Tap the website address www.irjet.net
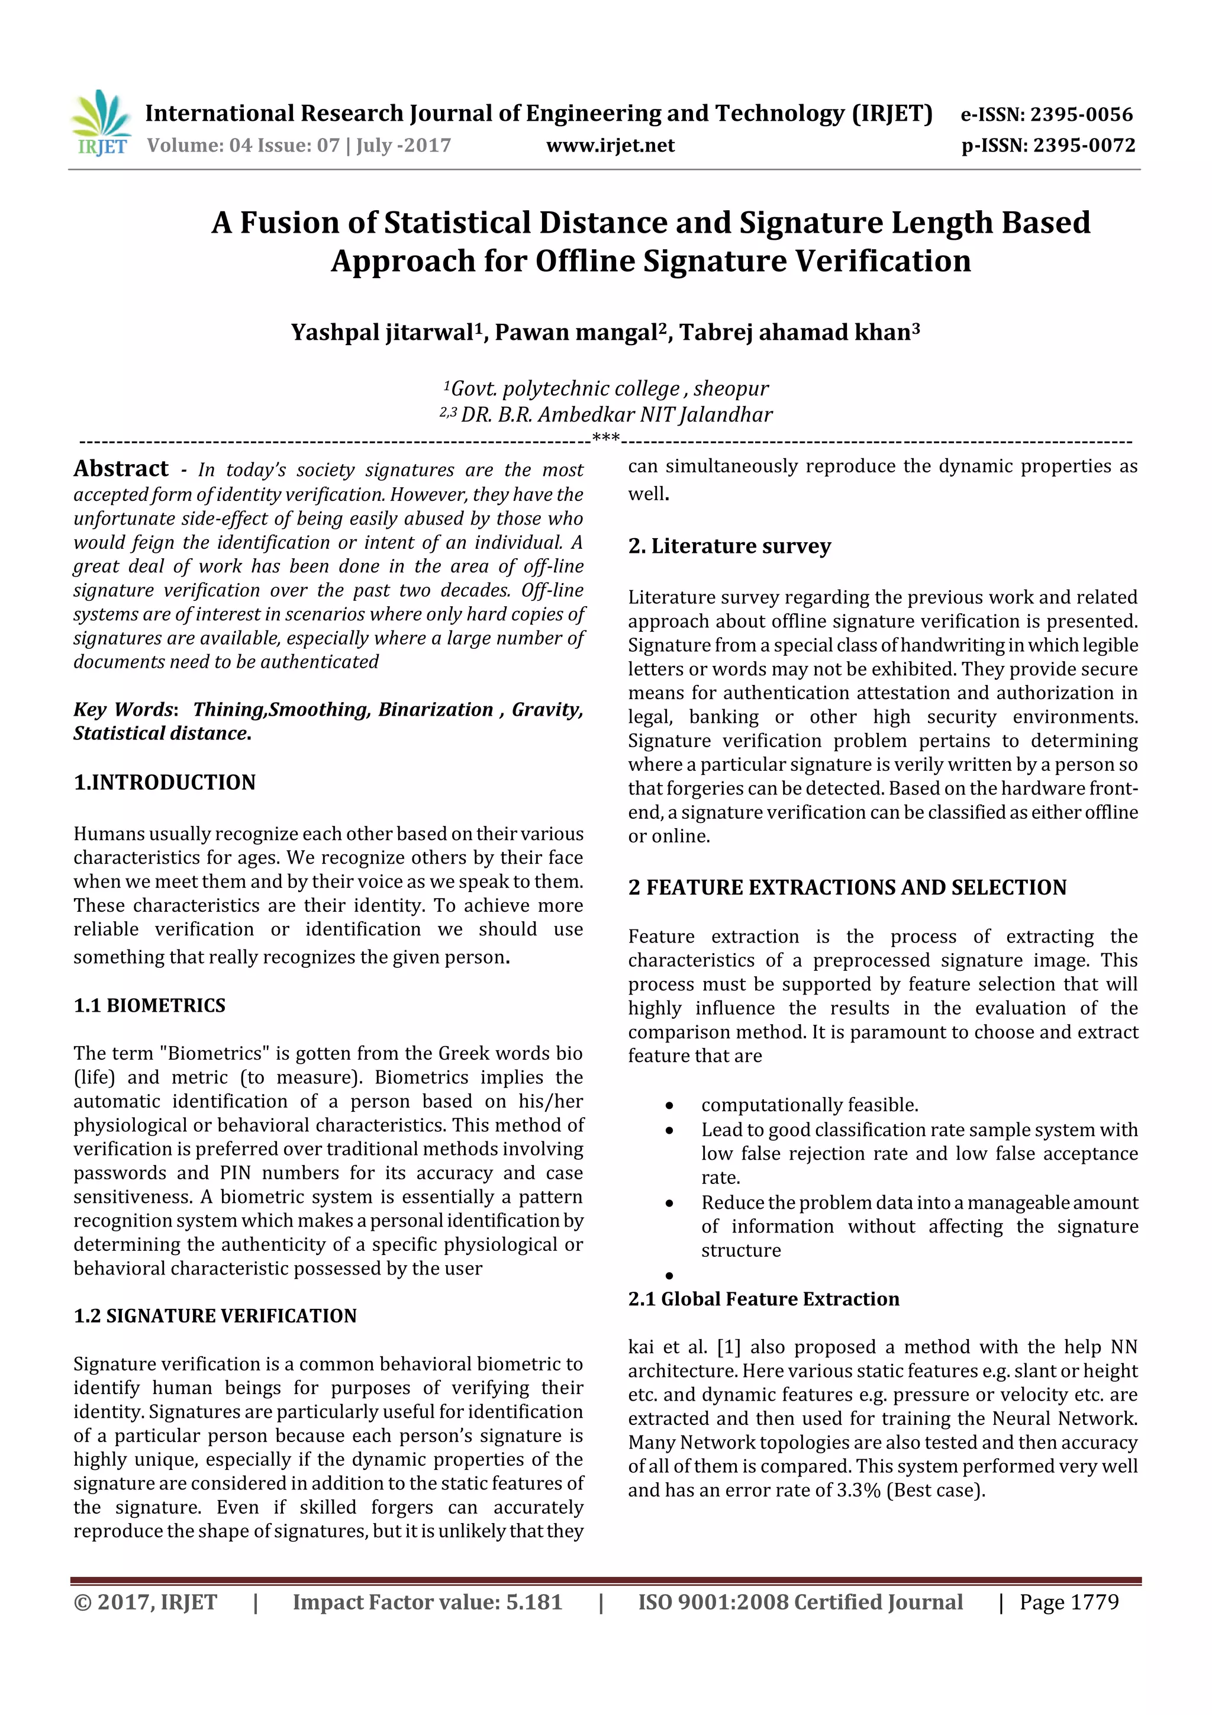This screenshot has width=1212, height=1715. click(x=610, y=146)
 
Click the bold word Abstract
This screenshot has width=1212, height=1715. click(x=121, y=469)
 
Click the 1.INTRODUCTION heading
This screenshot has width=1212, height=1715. click(x=165, y=782)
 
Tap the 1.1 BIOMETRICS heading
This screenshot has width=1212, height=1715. click(x=149, y=1005)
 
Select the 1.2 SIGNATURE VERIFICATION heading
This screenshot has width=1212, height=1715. click(x=215, y=1316)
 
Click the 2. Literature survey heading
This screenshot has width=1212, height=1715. click(x=729, y=546)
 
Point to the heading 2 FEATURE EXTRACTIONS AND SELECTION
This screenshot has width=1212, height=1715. click(x=847, y=887)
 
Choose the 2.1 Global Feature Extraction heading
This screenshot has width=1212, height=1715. click(x=763, y=1299)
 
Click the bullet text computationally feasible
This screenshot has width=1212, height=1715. click(x=809, y=1105)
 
